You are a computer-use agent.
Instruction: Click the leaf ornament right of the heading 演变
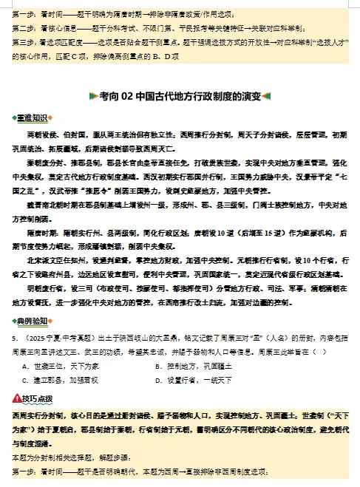(267, 96)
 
